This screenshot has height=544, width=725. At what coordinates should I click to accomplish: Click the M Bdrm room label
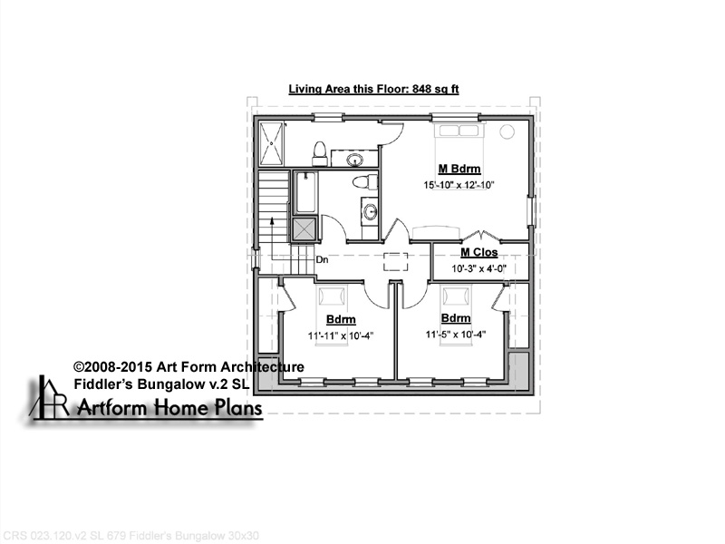[459, 169]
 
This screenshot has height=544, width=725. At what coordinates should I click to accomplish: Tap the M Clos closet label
[479, 253]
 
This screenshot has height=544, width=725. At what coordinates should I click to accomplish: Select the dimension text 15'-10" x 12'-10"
[459, 185]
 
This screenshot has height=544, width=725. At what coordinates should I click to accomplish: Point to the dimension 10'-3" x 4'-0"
[479, 268]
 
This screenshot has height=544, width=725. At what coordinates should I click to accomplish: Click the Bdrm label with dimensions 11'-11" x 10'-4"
[341, 319]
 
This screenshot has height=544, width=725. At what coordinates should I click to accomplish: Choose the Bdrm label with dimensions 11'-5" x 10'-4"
[456, 318]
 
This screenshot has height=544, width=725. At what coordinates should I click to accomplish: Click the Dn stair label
[322, 259]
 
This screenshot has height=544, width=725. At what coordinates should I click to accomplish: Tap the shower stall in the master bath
[271, 143]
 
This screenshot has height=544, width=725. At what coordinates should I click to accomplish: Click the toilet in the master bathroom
[320, 153]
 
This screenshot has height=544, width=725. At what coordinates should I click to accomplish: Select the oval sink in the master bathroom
[355, 160]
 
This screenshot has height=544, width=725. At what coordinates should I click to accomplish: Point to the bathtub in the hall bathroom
[305, 192]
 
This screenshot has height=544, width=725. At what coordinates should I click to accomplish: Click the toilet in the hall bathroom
[365, 182]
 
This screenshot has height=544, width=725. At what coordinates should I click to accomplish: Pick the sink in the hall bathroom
[370, 212]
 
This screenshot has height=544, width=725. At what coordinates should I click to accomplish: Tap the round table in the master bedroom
[507, 131]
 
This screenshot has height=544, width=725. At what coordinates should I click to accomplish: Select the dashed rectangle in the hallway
[395, 261]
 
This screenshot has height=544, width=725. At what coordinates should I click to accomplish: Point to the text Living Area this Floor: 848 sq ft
[373, 89]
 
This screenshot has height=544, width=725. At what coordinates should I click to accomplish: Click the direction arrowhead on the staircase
[272, 221]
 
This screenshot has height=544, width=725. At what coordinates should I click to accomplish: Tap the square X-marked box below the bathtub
[304, 229]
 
